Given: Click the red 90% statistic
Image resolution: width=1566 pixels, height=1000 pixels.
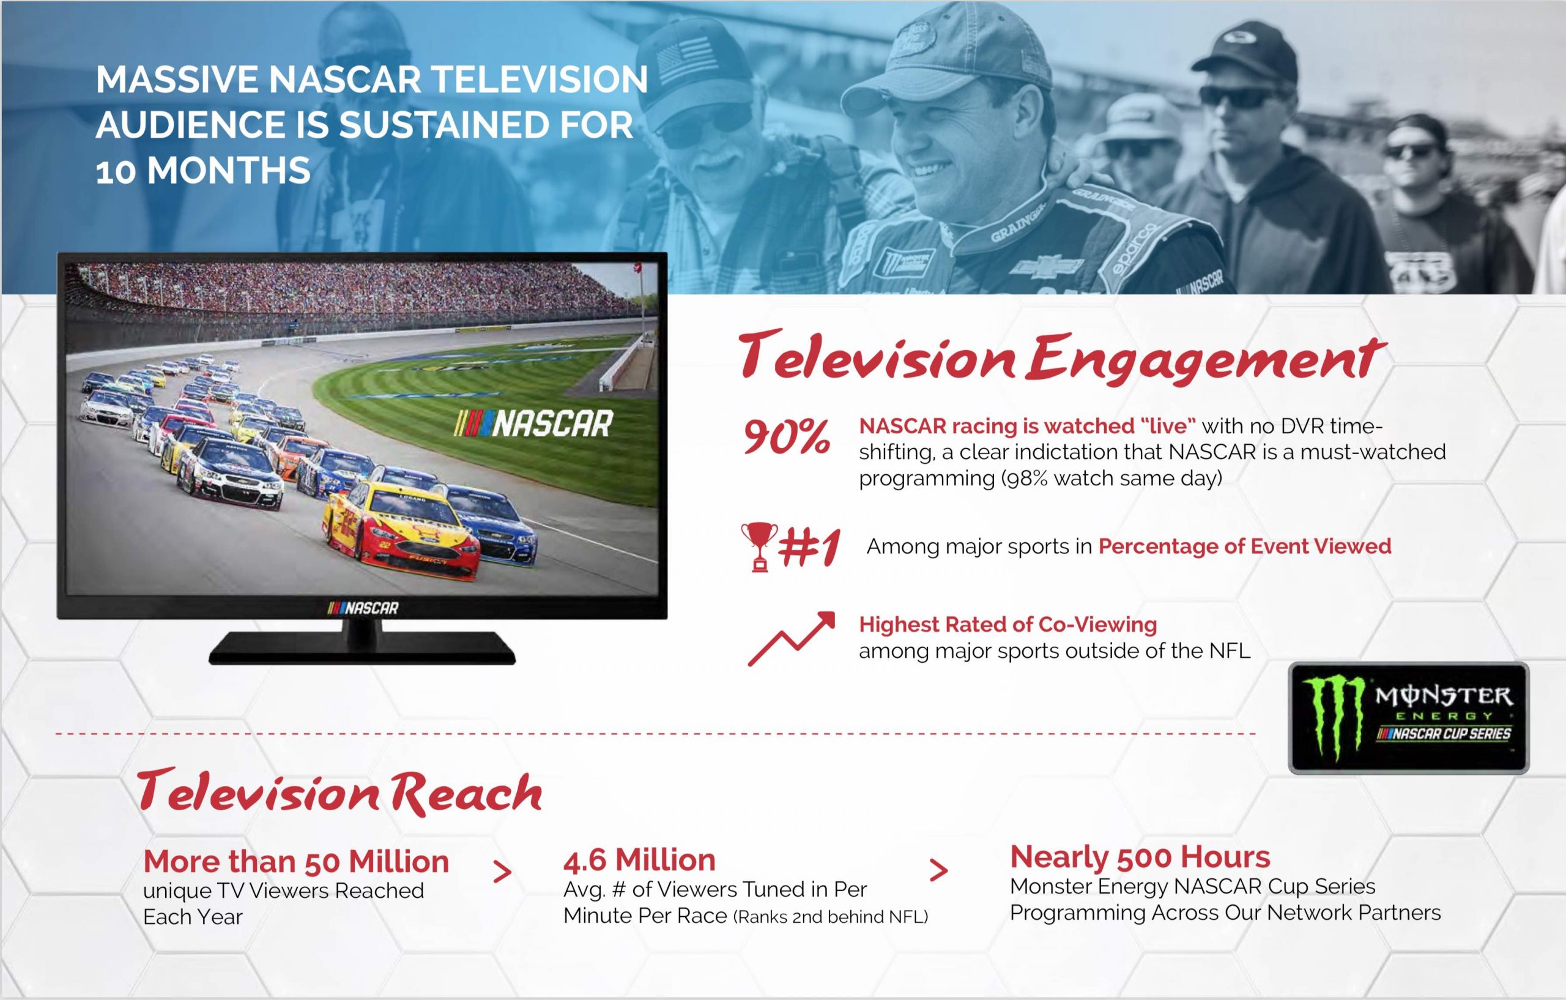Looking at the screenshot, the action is point(787,438).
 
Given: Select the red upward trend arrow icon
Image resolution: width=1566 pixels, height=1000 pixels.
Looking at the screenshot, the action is point(791,638).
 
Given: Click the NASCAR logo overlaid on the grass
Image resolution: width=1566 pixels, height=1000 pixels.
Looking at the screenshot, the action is point(533,424).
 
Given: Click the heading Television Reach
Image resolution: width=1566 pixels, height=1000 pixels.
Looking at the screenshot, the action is point(340,793).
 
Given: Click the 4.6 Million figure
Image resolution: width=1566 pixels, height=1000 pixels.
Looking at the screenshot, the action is point(639,860).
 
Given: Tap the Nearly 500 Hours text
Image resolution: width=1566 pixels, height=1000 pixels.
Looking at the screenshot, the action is point(1140,857).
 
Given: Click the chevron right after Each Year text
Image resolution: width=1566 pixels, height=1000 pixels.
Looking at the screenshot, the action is point(502,872).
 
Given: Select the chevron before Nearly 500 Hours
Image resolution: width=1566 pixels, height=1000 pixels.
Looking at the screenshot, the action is point(938,870).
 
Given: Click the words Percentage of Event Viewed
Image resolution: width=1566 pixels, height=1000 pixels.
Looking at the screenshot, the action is point(1245,547).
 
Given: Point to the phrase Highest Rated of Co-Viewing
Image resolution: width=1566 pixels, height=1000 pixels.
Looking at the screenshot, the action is point(1008,625).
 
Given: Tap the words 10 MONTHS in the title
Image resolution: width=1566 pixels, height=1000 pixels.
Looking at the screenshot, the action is point(203,171).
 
